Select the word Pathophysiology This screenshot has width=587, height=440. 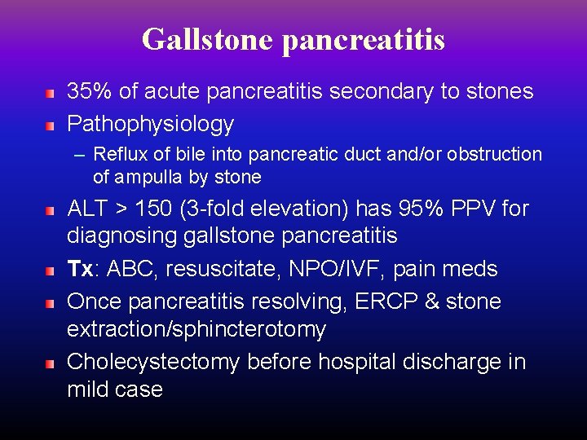coord(150,124)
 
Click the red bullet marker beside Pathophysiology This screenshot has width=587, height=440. coord(50,126)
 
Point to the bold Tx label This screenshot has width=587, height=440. coord(78,269)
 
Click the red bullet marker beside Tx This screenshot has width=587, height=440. coord(50,269)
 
